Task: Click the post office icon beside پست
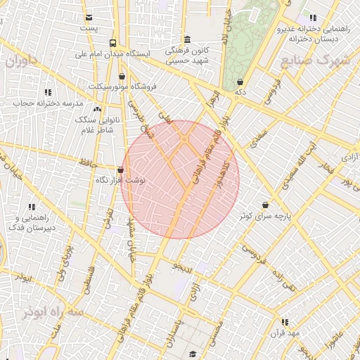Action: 88,18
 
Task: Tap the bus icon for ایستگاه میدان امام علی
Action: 113,43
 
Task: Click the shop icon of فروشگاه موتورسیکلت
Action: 123,77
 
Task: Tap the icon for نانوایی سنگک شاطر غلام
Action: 97,110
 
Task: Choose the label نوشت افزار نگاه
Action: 120,180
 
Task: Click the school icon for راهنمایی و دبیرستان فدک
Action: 32,207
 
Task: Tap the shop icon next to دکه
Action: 240,82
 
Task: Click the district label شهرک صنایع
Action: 314,60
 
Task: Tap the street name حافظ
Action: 87,163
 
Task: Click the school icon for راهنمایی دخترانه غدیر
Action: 313,18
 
